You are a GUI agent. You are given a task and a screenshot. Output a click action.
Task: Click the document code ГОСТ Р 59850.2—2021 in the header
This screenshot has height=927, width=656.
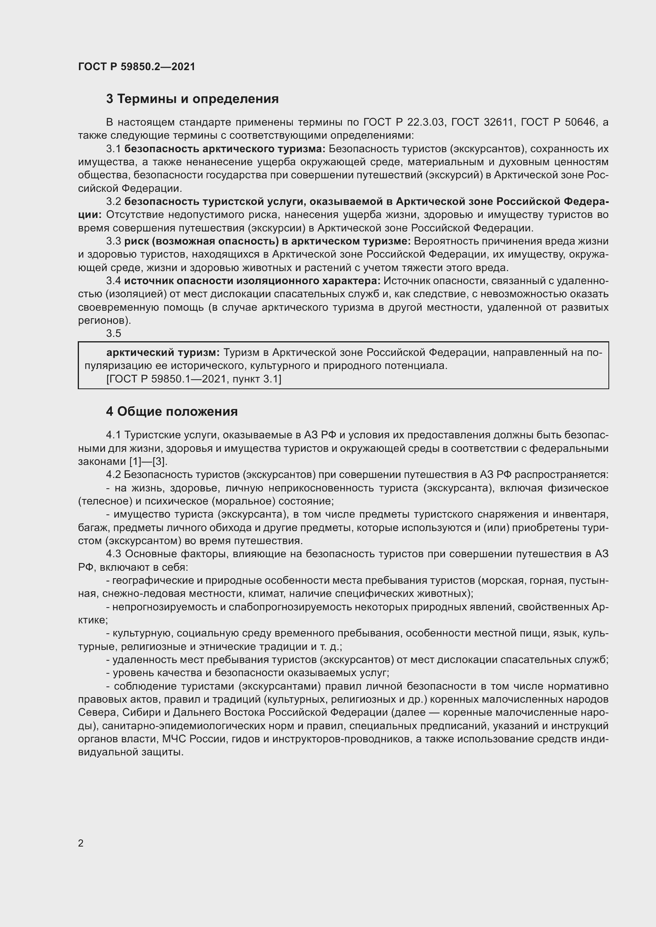pyautogui.click(x=136, y=67)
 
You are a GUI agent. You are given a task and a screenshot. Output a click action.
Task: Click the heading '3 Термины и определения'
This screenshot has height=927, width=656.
pyautogui.click(x=192, y=99)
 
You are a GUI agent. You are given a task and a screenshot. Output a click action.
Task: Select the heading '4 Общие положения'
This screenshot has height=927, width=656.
pyautogui.click(x=172, y=411)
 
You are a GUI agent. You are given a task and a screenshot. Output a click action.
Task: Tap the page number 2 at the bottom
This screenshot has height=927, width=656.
pyautogui.click(x=81, y=843)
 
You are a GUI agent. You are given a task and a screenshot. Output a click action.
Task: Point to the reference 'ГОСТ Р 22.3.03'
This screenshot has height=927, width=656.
pyautogui.click(x=403, y=122)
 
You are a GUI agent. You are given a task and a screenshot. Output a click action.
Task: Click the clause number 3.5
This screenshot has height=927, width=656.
pyautogui.click(x=113, y=333)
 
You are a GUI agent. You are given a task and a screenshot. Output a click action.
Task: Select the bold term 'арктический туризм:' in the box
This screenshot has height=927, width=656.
pyautogui.click(x=163, y=352)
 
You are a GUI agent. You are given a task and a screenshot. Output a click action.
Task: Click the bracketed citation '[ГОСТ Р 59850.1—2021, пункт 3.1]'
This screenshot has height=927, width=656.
pyautogui.click(x=194, y=379)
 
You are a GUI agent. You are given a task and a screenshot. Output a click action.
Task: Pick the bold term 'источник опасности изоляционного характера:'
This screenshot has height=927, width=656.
pyautogui.click(x=252, y=281)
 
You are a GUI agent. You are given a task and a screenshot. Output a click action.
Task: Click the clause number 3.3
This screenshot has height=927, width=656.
pyautogui.click(x=113, y=241)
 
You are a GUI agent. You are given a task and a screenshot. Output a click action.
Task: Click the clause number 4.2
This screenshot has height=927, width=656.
pyautogui.click(x=113, y=474)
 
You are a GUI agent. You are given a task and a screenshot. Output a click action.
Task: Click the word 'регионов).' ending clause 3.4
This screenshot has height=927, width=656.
pyautogui.click(x=105, y=320)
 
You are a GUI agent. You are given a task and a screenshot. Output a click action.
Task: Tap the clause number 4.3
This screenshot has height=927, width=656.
pyautogui.click(x=113, y=554)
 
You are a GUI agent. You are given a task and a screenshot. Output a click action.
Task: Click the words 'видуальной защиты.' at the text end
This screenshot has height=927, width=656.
pyautogui.click(x=131, y=752)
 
